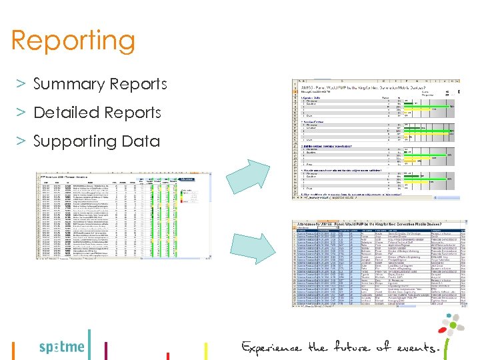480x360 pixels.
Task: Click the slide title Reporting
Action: coord(73,41)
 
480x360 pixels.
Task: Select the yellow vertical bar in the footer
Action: coord(205,350)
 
